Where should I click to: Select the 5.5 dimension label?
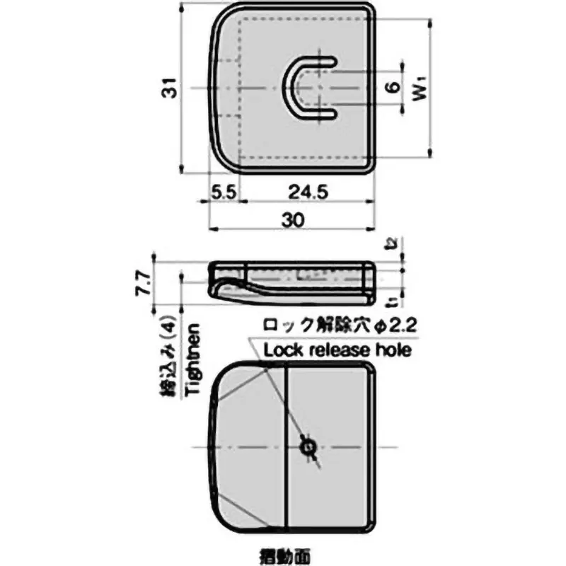(224, 192)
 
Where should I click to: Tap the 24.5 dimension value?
(304, 192)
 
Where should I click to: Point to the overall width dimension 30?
(291, 220)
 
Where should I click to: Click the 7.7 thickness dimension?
(144, 282)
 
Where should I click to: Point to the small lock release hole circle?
(308, 447)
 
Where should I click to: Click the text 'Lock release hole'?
(337, 350)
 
